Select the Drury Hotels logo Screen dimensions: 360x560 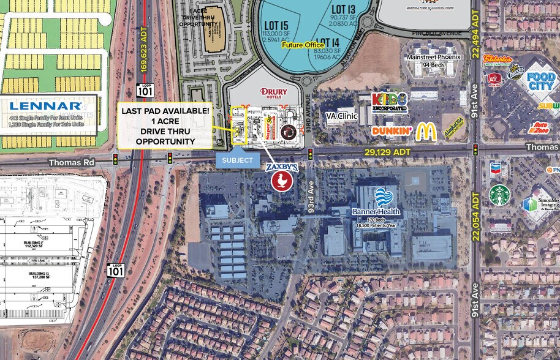tap(273, 92)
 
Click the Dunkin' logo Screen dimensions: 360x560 tap(391, 131)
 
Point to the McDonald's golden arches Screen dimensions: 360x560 tap(426, 131)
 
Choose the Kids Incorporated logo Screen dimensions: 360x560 tap(390, 102)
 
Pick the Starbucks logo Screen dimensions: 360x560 tap(500, 195)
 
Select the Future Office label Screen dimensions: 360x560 tap(301, 45)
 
